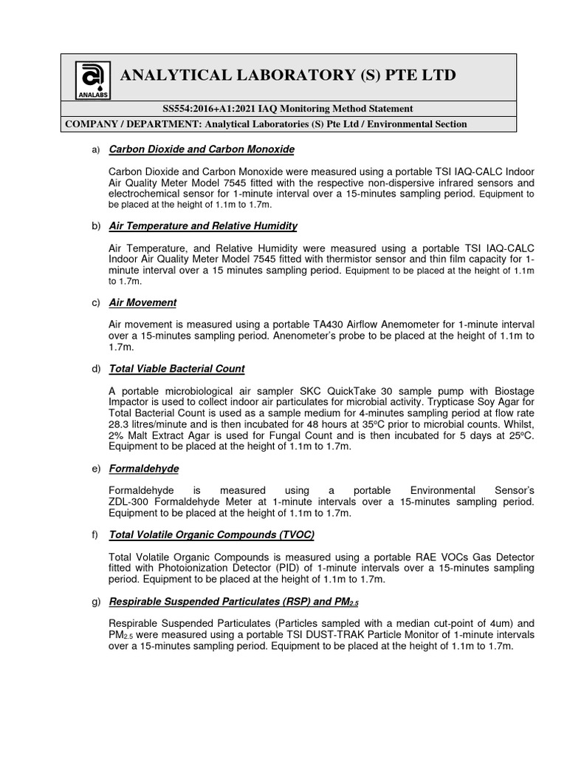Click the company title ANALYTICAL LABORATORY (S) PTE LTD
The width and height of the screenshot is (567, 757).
point(288,75)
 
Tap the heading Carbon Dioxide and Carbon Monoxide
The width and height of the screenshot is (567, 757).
point(201,149)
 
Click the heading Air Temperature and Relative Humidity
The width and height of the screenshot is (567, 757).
point(202,225)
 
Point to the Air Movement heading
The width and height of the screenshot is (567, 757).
point(142,302)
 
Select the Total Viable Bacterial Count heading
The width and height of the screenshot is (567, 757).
point(176,368)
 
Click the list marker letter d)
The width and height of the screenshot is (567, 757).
point(94,368)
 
